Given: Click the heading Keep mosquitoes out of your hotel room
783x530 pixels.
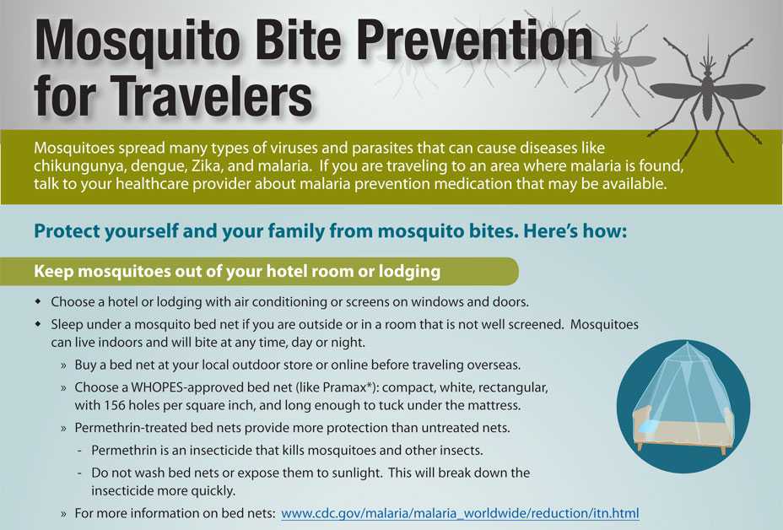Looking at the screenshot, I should tap(237, 272).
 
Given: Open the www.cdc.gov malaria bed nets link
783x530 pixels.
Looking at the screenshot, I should tap(460, 512).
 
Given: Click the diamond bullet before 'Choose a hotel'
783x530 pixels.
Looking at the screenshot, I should tap(37, 301).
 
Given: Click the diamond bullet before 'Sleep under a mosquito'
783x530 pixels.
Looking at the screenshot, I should tap(37, 324).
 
